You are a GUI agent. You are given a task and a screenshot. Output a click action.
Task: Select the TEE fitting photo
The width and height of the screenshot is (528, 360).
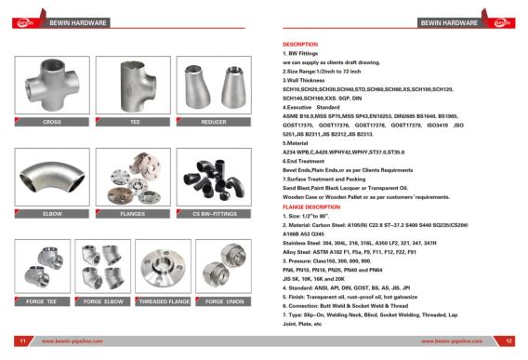click(x=135, y=86)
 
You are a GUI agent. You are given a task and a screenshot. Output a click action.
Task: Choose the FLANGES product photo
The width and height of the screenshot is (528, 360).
click(x=135, y=177)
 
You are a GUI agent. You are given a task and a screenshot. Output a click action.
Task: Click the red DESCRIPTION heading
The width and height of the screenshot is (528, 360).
click(x=299, y=45)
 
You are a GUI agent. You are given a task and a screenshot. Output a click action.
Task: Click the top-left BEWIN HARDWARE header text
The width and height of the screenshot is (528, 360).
click(x=78, y=20)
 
